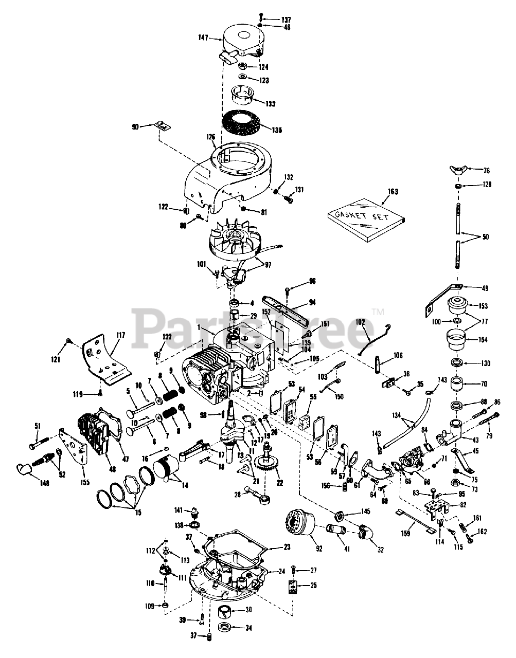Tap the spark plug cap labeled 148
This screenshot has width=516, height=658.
pos(24,468)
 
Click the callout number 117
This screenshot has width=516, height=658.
pos(120,335)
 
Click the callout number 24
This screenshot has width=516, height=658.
pos(281,571)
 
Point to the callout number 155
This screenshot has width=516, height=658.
pos(85,482)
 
